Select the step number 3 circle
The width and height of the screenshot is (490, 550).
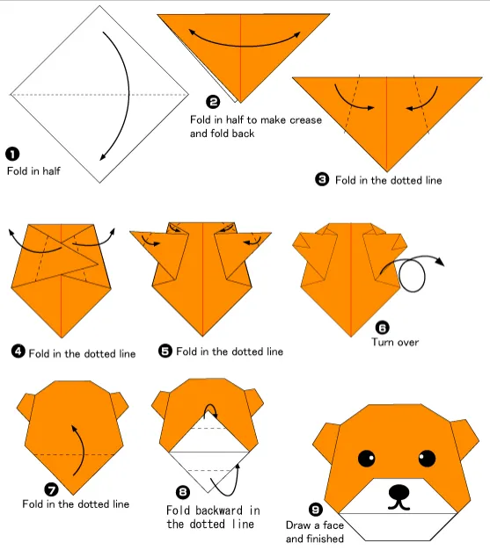click(322, 179)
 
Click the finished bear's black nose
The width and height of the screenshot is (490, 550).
click(399, 491)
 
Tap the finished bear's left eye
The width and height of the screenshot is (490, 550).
click(364, 458)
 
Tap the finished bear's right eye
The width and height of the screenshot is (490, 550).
click(427, 458)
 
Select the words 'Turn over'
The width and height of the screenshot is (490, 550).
click(394, 342)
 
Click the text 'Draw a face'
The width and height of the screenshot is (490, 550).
click(312, 525)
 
